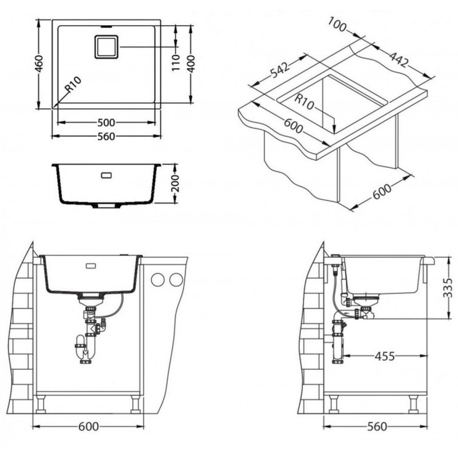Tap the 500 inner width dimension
[x=106, y=123]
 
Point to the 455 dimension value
[x=385, y=356]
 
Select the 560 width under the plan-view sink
[x=106, y=136]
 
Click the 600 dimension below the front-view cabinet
[x=89, y=427]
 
